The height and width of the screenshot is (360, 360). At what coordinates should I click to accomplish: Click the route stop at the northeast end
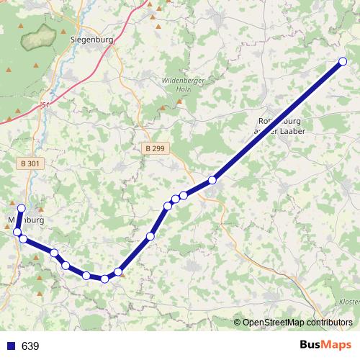click(342, 62)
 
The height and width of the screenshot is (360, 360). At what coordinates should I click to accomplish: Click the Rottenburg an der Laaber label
click(283, 127)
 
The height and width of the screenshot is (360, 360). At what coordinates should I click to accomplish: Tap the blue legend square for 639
click(10, 346)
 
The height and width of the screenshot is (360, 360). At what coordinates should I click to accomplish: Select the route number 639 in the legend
click(30, 346)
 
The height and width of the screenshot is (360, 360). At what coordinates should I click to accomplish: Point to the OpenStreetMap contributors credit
click(297, 322)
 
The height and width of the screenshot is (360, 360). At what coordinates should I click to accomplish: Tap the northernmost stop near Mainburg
click(21, 208)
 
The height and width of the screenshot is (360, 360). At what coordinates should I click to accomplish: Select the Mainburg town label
click(27, 219)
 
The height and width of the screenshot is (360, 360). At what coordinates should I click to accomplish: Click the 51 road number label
click(47, 105)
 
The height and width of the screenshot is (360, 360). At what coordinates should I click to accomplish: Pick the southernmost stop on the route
click(104, 279)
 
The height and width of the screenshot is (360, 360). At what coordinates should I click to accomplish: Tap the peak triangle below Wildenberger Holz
click(180, 101)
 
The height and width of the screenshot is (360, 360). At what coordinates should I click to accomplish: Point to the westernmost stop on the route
click(17, 231)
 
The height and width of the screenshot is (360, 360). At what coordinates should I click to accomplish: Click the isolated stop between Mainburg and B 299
click(150, 236)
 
